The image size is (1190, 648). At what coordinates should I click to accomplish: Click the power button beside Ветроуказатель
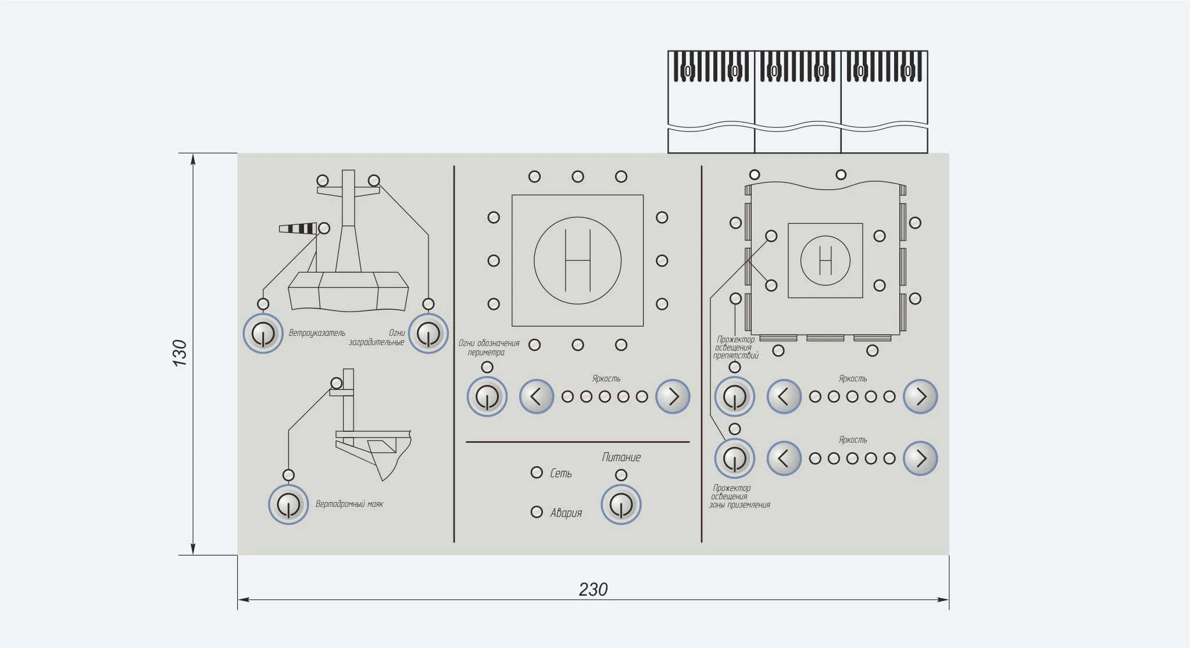coord(263,334)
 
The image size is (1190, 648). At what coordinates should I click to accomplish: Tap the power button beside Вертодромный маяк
coord(288,504)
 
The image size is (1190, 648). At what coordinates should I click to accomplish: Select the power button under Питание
coord(621,504)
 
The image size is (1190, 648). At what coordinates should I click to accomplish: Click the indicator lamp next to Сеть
coord(537,472)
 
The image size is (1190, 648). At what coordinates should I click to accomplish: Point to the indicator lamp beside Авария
coord(537,512)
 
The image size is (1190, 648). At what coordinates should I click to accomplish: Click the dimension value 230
coord(593,589)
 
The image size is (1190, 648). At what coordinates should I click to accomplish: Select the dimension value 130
coord(180,353)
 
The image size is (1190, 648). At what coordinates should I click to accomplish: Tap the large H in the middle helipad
coord(578,260)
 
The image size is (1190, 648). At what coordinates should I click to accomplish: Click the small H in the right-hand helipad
coord(826,260)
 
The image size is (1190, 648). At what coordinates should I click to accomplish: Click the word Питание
coord(621,457)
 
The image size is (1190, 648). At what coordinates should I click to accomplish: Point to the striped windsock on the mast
coord(298,228)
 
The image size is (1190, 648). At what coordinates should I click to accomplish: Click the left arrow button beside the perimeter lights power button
coord(536,396)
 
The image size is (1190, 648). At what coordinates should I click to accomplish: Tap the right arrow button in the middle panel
coord(673,396)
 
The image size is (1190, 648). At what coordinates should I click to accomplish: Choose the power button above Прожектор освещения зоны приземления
coord(734,458)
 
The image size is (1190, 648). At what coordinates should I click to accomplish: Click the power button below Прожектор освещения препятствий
coord(734,396)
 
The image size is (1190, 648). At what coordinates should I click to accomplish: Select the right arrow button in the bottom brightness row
coord(920,458)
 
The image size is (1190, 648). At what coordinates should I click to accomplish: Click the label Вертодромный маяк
coord(349,504)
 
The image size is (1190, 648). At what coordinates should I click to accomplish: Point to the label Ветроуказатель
coord(317,333)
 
